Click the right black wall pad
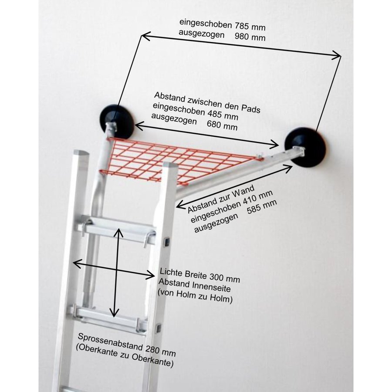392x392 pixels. (306, 146)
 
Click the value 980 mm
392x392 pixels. (250, 37)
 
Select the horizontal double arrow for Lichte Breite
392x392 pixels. (113, 269)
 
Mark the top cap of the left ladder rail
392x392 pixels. (81, 154)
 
